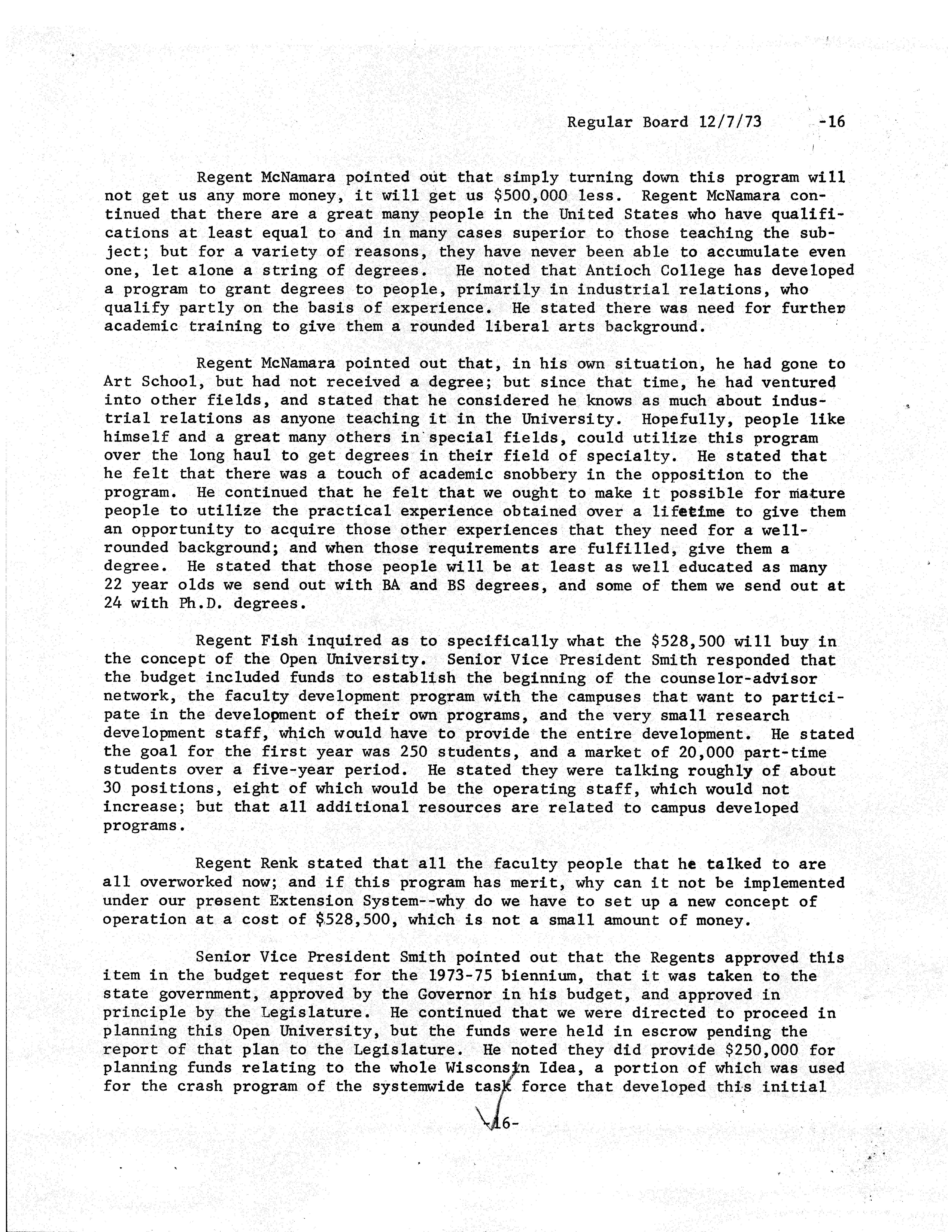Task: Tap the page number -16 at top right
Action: pyautogui.click(x=832, y=122)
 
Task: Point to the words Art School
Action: pyautogui.click(x=150, y=382)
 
